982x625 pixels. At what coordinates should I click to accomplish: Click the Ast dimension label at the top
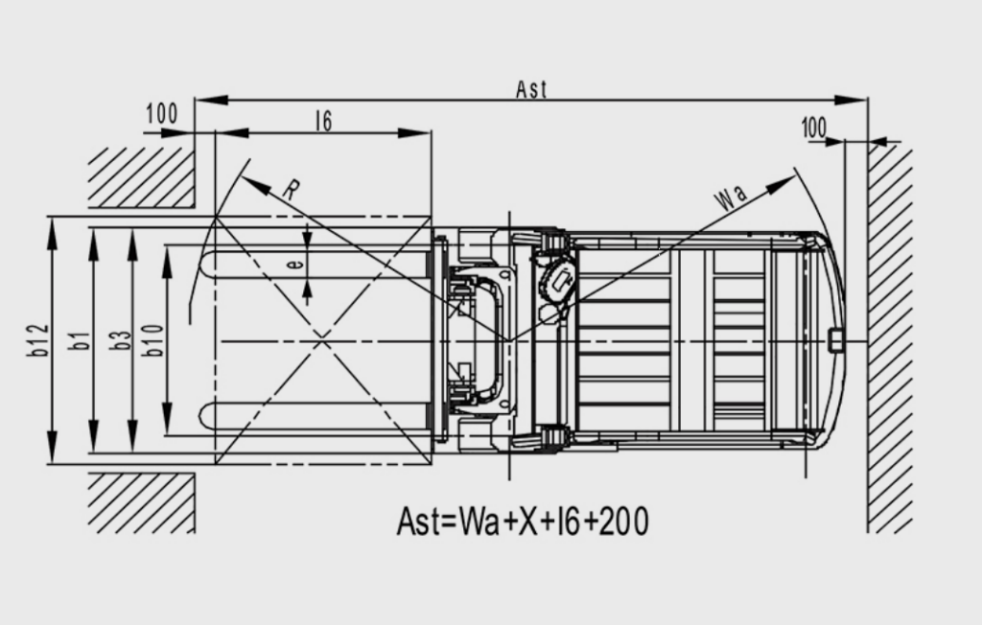click(x=531, y=89)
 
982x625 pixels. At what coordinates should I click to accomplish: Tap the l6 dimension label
click(x=324, y=121)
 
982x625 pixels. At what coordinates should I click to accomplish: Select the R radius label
click(x=291, y=189)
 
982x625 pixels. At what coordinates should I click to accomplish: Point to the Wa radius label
click(x=731, y=197)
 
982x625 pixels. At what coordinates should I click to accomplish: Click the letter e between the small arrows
click(x=295, y=264)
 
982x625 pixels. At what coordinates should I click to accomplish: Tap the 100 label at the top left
click(x=161, y=114)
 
